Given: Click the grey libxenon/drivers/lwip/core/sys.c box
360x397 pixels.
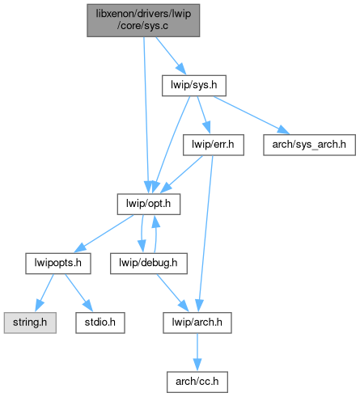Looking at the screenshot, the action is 143,20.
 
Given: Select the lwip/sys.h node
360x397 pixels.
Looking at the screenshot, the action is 194,86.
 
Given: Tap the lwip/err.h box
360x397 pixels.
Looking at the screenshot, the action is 214,145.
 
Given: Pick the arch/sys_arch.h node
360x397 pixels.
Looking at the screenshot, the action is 309,145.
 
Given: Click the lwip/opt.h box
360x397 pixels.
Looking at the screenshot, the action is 149,204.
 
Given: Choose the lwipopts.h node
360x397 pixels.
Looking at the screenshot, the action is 58,264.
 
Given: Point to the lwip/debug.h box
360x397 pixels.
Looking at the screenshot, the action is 149,264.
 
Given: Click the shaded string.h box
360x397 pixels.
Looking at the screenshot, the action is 30,323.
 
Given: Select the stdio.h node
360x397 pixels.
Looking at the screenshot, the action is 100,323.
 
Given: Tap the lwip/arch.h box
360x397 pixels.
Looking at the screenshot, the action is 197,323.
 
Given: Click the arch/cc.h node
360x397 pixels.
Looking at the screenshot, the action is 197,382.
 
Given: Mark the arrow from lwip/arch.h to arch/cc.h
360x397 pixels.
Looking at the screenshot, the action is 197,353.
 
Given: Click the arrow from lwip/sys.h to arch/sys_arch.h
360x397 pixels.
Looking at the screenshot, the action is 252,115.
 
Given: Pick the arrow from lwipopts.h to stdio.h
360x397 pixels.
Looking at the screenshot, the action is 78,294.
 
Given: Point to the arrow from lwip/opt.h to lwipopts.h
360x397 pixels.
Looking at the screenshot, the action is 104,234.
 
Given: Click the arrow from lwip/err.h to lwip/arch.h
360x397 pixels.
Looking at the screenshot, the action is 205,234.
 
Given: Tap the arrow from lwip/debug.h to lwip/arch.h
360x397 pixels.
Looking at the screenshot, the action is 172,294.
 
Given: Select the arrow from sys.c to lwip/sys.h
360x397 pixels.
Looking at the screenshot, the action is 171,56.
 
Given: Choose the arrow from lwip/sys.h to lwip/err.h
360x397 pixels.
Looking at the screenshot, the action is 204,115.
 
